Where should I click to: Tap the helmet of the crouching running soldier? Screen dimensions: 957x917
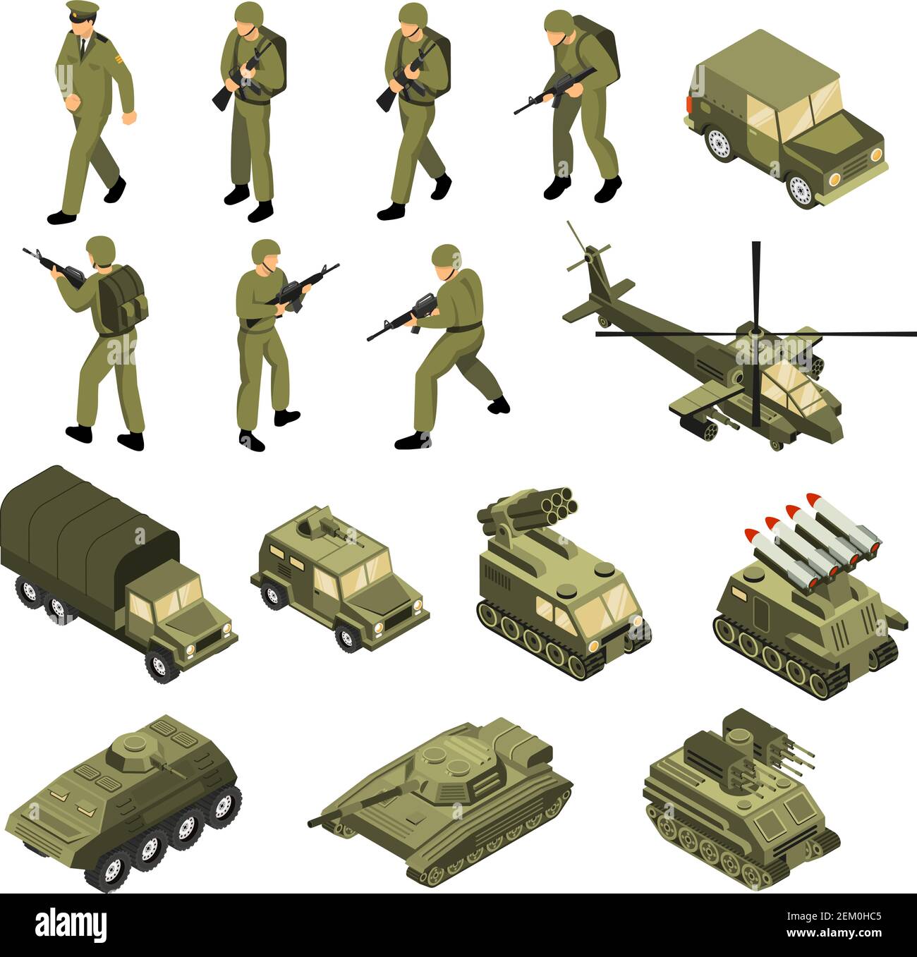[445, 255]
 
